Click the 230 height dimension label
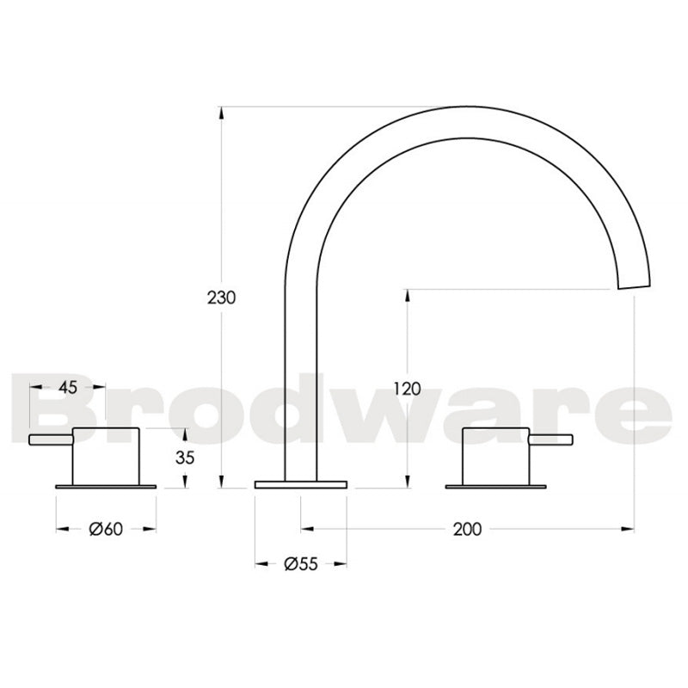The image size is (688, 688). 221,298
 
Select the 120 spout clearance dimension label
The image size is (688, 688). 406,388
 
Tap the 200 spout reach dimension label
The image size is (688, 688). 467,529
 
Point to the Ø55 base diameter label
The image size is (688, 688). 301,564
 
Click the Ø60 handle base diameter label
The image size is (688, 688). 106,529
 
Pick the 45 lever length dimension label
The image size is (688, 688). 68,387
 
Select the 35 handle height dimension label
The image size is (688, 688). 186,458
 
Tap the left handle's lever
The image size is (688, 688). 51,440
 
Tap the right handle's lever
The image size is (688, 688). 550,440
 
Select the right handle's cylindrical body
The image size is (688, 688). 496,455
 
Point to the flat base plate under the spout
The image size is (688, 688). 301,485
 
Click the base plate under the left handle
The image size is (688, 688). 106,487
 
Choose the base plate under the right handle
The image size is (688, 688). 496,487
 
